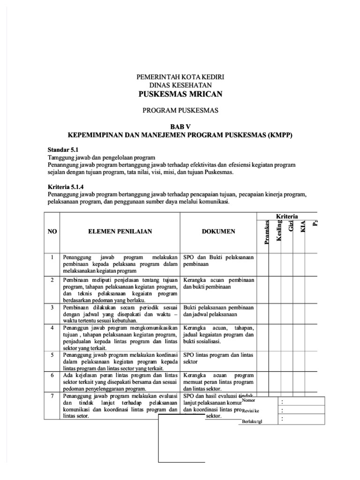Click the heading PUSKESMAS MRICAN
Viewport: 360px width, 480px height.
pyautogui.click(x=180, y=94)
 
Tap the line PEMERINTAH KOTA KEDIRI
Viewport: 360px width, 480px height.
pyautogui.click(x=180, y=76)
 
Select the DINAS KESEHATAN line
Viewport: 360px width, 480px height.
pyautogui.click(x=180, y=85)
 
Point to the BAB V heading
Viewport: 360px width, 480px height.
pyautogui.click(x=180, y=127)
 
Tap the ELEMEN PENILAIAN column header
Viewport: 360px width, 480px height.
pyautogui.click(x=120, y=232)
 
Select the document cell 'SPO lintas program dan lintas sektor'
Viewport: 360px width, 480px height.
pyautogui.click(x=217, y=359)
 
